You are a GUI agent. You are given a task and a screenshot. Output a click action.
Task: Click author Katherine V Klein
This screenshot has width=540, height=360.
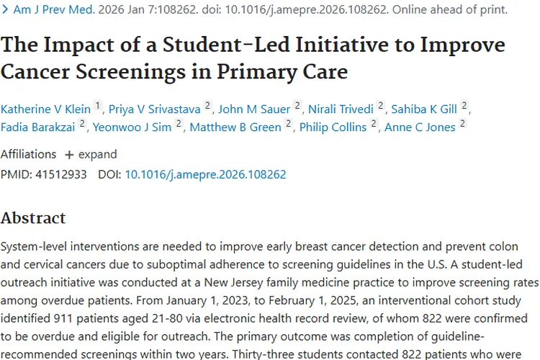(x=45, y=109)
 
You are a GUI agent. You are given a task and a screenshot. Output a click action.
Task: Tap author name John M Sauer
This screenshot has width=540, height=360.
(x=254, y=109)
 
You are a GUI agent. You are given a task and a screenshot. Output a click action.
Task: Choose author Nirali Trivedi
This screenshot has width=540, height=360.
(x=341, y=109)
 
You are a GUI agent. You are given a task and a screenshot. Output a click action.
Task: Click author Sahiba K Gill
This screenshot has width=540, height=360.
(x=424, y=109)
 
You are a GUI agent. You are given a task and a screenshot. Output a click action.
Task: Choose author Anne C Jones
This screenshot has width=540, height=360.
(x=420, y=127)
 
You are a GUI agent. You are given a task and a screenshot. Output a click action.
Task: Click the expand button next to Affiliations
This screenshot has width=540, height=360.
(x=91, y=154)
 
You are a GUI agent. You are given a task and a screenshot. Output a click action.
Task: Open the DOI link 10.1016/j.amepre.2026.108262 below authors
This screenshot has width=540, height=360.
(x=205, y=174)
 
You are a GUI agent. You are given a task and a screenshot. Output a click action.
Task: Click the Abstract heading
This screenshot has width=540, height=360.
(x=33, y=217)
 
